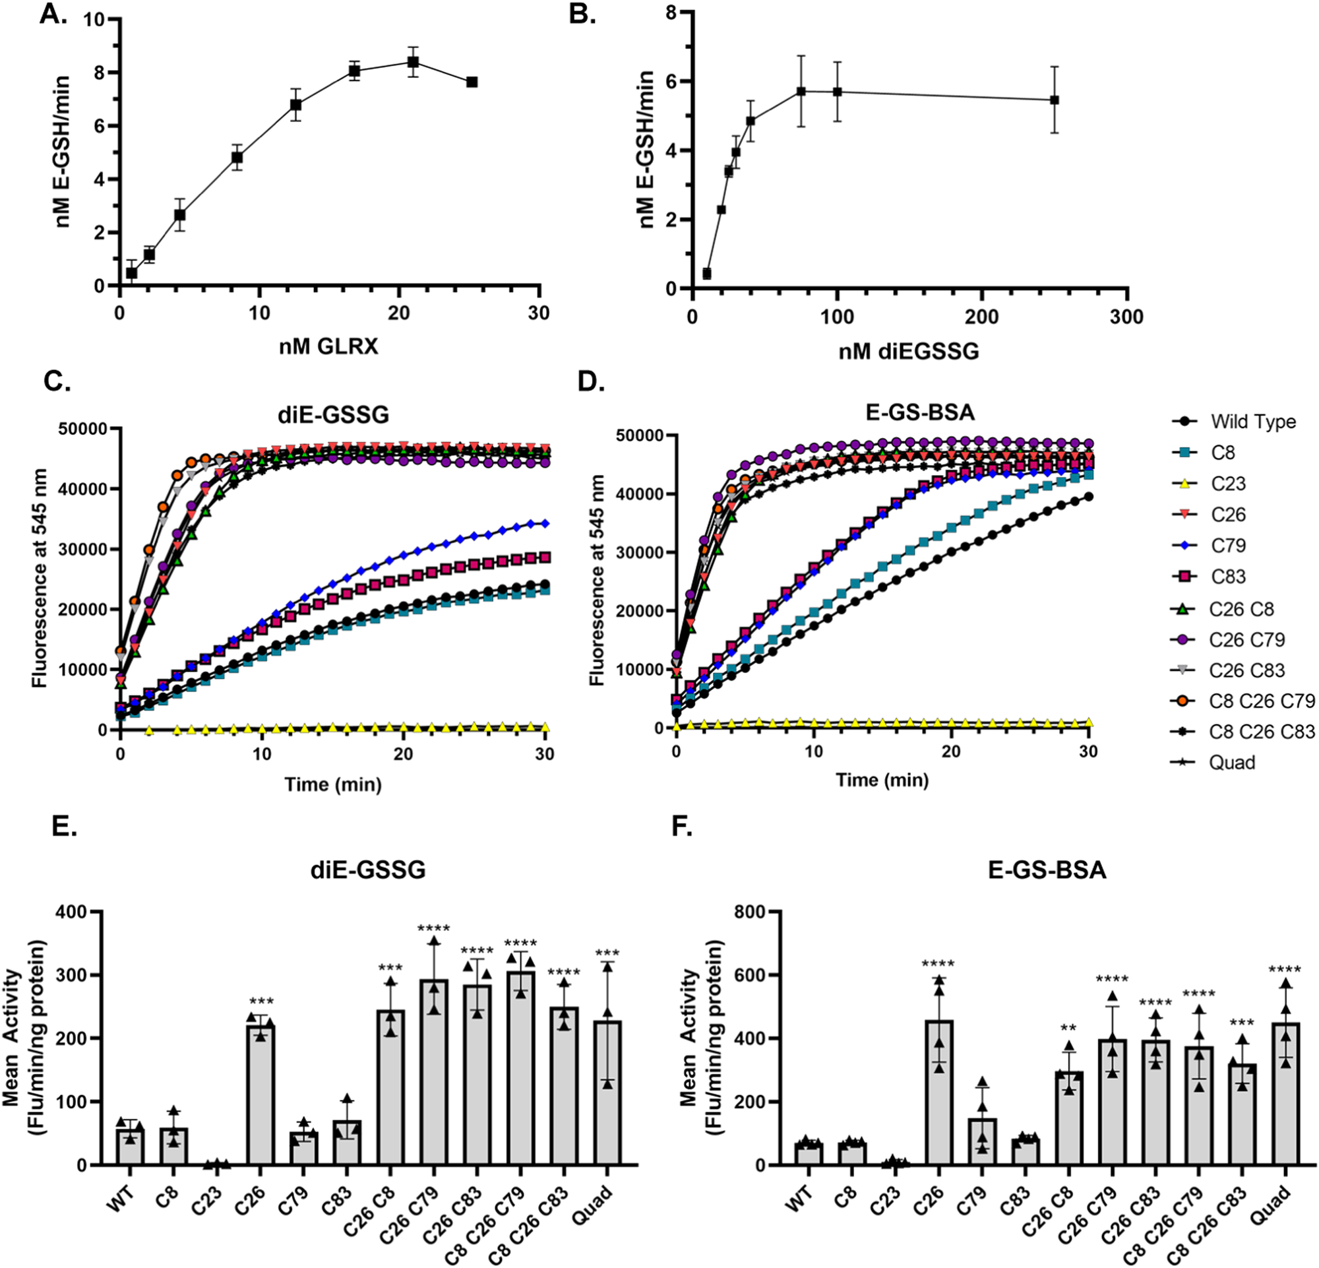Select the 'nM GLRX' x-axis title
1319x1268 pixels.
[x=328, y=346]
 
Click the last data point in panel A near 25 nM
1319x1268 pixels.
[x=472, y=81]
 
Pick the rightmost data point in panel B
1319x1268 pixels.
[x=1055, y=100]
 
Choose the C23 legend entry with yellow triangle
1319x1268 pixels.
[x=1227, y=483]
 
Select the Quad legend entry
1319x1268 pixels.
[x=1231, y=762]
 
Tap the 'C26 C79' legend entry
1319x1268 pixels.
[x=1246, y=639]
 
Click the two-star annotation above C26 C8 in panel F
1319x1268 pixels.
[x=1067, y=1029]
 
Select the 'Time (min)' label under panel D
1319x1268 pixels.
[x=882, y=779]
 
